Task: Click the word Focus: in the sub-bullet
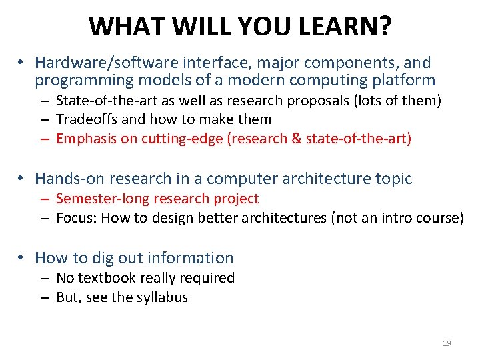pos(77,218)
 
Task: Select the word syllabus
pos(162,297)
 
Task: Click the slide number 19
pos(447,343)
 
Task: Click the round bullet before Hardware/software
pos(22,63)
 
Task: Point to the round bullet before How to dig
pos(22,258)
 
